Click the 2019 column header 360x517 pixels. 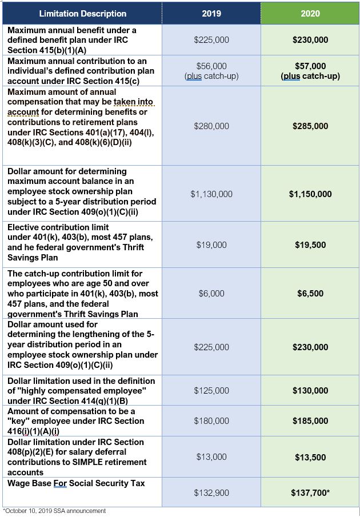(x=211, y=13)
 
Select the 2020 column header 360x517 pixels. (x=310, y=13)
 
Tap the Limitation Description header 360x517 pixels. (x=83, y=13)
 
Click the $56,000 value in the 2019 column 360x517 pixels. (x=211, y=66)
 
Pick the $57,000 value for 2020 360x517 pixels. (x=310, y=66)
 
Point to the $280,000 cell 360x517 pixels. (x=211, y=126)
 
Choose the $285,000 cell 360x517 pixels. (x=310, y=126)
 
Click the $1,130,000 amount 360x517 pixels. (x=211, y=194)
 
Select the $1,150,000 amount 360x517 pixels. (x=310, y=194)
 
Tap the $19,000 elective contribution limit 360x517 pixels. (x=211, y=245)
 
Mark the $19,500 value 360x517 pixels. (x=310, y=245)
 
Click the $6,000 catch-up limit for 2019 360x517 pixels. (x=211, y=294)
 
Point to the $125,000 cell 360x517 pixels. (x=211, y=391)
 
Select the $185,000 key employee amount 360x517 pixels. (x=310, y=421)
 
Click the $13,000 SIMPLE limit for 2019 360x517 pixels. (x=211, y=456)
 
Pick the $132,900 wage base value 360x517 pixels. (x=211, y=492)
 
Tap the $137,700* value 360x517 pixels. (x=310, y=492)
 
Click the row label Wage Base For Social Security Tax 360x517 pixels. (x=76, y=483)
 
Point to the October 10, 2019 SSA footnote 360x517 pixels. (x=54, y=511)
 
